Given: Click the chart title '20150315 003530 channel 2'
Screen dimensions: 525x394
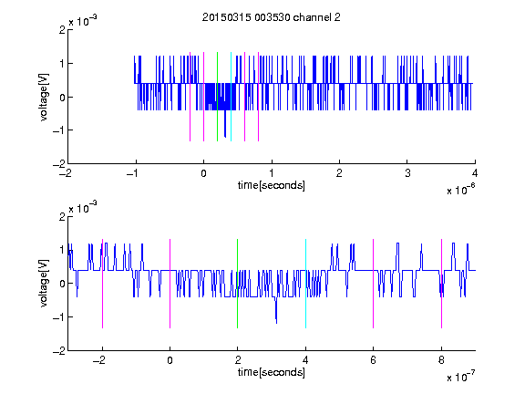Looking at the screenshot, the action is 272,17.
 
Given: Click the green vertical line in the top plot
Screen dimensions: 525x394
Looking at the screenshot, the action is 217,97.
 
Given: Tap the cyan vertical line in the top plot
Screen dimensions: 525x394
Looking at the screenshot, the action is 231,97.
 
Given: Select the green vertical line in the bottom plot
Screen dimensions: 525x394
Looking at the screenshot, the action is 237,284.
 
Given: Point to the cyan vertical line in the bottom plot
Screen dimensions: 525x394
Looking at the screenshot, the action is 305,284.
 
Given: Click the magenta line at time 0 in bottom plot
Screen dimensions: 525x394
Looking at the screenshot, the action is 170,284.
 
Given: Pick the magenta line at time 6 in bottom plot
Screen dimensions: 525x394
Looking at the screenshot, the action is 374,284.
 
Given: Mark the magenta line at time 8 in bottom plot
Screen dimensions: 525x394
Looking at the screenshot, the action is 442,284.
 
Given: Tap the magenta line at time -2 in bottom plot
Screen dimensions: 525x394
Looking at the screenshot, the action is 102,284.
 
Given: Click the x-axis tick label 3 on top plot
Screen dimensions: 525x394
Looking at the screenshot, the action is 407,173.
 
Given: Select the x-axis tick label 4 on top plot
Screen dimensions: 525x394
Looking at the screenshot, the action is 475,173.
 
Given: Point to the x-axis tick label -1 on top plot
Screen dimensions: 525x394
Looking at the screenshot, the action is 133,173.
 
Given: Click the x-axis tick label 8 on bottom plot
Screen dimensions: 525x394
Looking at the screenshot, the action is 441,360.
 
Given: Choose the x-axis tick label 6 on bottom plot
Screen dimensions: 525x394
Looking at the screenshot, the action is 374,360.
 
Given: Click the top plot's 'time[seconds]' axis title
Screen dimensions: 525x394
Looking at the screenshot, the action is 272,185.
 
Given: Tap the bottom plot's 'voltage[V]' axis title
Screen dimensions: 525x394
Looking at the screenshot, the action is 44,284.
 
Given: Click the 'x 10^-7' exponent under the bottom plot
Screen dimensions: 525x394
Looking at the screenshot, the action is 460,376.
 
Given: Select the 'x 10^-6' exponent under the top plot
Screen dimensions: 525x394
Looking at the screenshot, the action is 460,189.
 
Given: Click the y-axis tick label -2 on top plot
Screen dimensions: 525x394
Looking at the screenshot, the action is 59,164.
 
